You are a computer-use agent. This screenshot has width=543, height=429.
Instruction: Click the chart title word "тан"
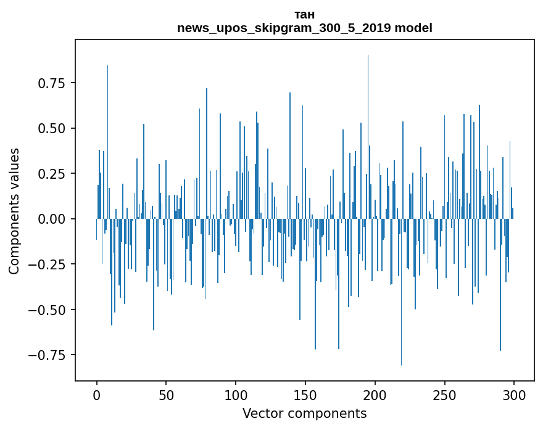[305, 15]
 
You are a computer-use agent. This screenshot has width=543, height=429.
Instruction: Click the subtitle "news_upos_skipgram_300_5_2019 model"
[305, 28]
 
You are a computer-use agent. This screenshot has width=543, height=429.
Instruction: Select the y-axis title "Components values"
[14, 211]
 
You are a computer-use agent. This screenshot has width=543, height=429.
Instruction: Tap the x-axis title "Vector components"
[305, 414]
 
